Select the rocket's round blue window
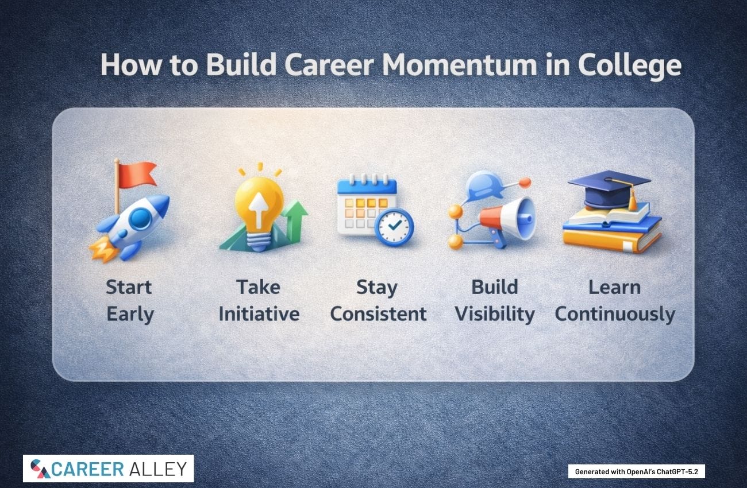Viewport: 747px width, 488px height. point(140,218)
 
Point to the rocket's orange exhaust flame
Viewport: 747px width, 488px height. point(103,249)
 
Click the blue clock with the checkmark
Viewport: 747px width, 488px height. point(394,227)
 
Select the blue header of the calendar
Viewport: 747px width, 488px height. point(367,187)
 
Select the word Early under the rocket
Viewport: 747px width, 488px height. point(130,315)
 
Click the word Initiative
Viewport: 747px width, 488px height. point(259,314)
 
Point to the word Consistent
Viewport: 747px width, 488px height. point(378,314)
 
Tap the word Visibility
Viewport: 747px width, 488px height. point(495,315)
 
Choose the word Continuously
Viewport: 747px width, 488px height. point(615,315)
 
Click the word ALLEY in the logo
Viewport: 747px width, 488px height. point(158,469)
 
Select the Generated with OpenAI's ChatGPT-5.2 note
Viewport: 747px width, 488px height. point(637,471)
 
